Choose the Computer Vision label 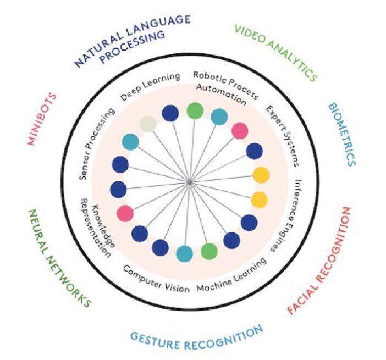(x=156, y=279)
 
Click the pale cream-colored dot (x=148, y=124)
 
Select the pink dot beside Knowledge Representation (x=125, y=213)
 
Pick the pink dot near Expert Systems (x=240, y=131)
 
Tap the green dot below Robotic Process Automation (x=194, y=111)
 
